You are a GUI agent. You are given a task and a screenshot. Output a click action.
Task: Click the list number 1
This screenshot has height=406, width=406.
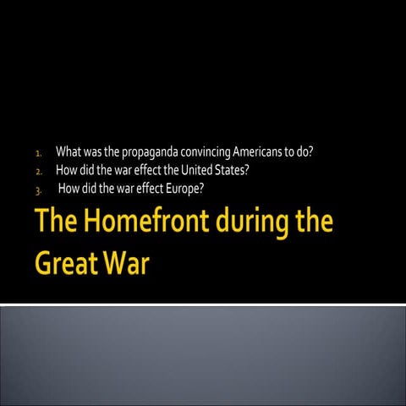pos(38,155)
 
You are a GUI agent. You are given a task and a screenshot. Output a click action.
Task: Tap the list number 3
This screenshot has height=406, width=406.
pos(38,189)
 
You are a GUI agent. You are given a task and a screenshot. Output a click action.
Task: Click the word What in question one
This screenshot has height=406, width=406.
pos(69,153)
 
